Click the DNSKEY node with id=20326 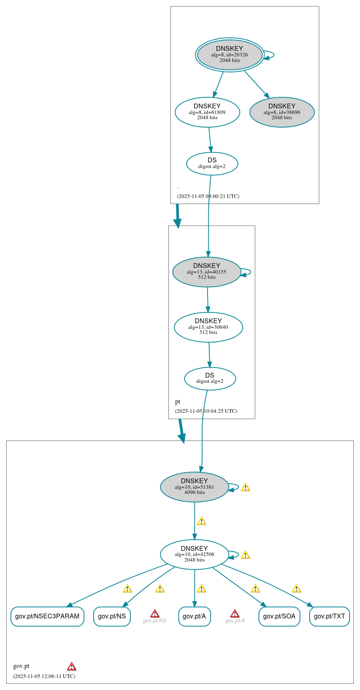pos(230,55)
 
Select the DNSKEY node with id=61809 pos(207,112)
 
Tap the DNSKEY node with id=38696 pos(282,112)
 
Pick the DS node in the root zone pos(212,163)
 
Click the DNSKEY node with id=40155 pos(206,272)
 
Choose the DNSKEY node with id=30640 pos(208,327)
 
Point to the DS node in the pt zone pos(210,378)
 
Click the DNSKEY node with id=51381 pos(194,487)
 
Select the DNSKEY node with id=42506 pos(194,554)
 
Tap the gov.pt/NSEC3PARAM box pos(47,616)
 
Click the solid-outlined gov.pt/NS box pos(112,616)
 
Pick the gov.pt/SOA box pos(279,616)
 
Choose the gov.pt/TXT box pos(329,616)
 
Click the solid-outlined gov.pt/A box pos(194,616)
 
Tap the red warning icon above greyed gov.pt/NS pos(155,614)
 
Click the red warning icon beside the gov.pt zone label pos(72,666)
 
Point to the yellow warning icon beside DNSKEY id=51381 pos(245,487)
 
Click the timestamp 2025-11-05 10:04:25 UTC pos(206,411)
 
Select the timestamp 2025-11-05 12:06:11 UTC pos(44,676)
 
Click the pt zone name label pos(178,402)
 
